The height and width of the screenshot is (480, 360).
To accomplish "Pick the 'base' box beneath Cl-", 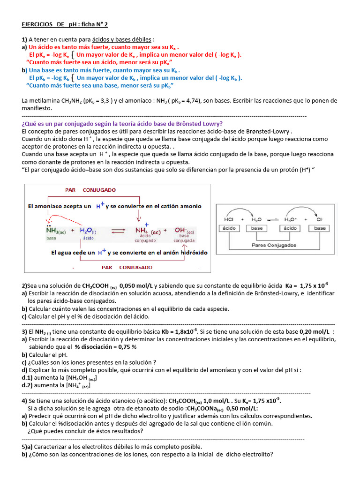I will tap(320, 228).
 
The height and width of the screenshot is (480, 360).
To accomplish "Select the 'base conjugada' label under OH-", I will tap(184, 239).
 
